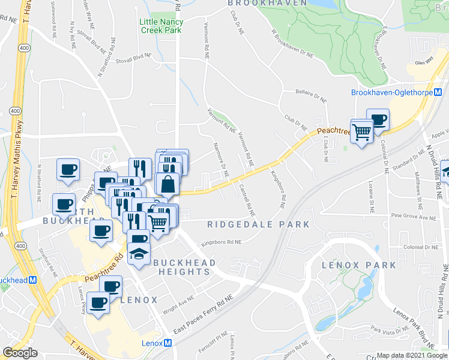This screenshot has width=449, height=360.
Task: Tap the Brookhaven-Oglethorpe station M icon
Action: [x=438, y=92]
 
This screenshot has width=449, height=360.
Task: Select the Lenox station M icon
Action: [x=168, y=343]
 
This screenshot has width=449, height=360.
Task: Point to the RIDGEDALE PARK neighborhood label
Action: [x=258, y=224]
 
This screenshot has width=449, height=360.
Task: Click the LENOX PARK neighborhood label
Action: [x=359, y=265]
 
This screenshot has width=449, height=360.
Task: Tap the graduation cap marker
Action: [x=139, y=253]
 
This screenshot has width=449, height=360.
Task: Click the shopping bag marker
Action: [x=169, y=185]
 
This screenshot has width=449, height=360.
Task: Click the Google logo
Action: [x=20, y=353]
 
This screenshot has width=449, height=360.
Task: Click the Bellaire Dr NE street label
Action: [x=310, y=95]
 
